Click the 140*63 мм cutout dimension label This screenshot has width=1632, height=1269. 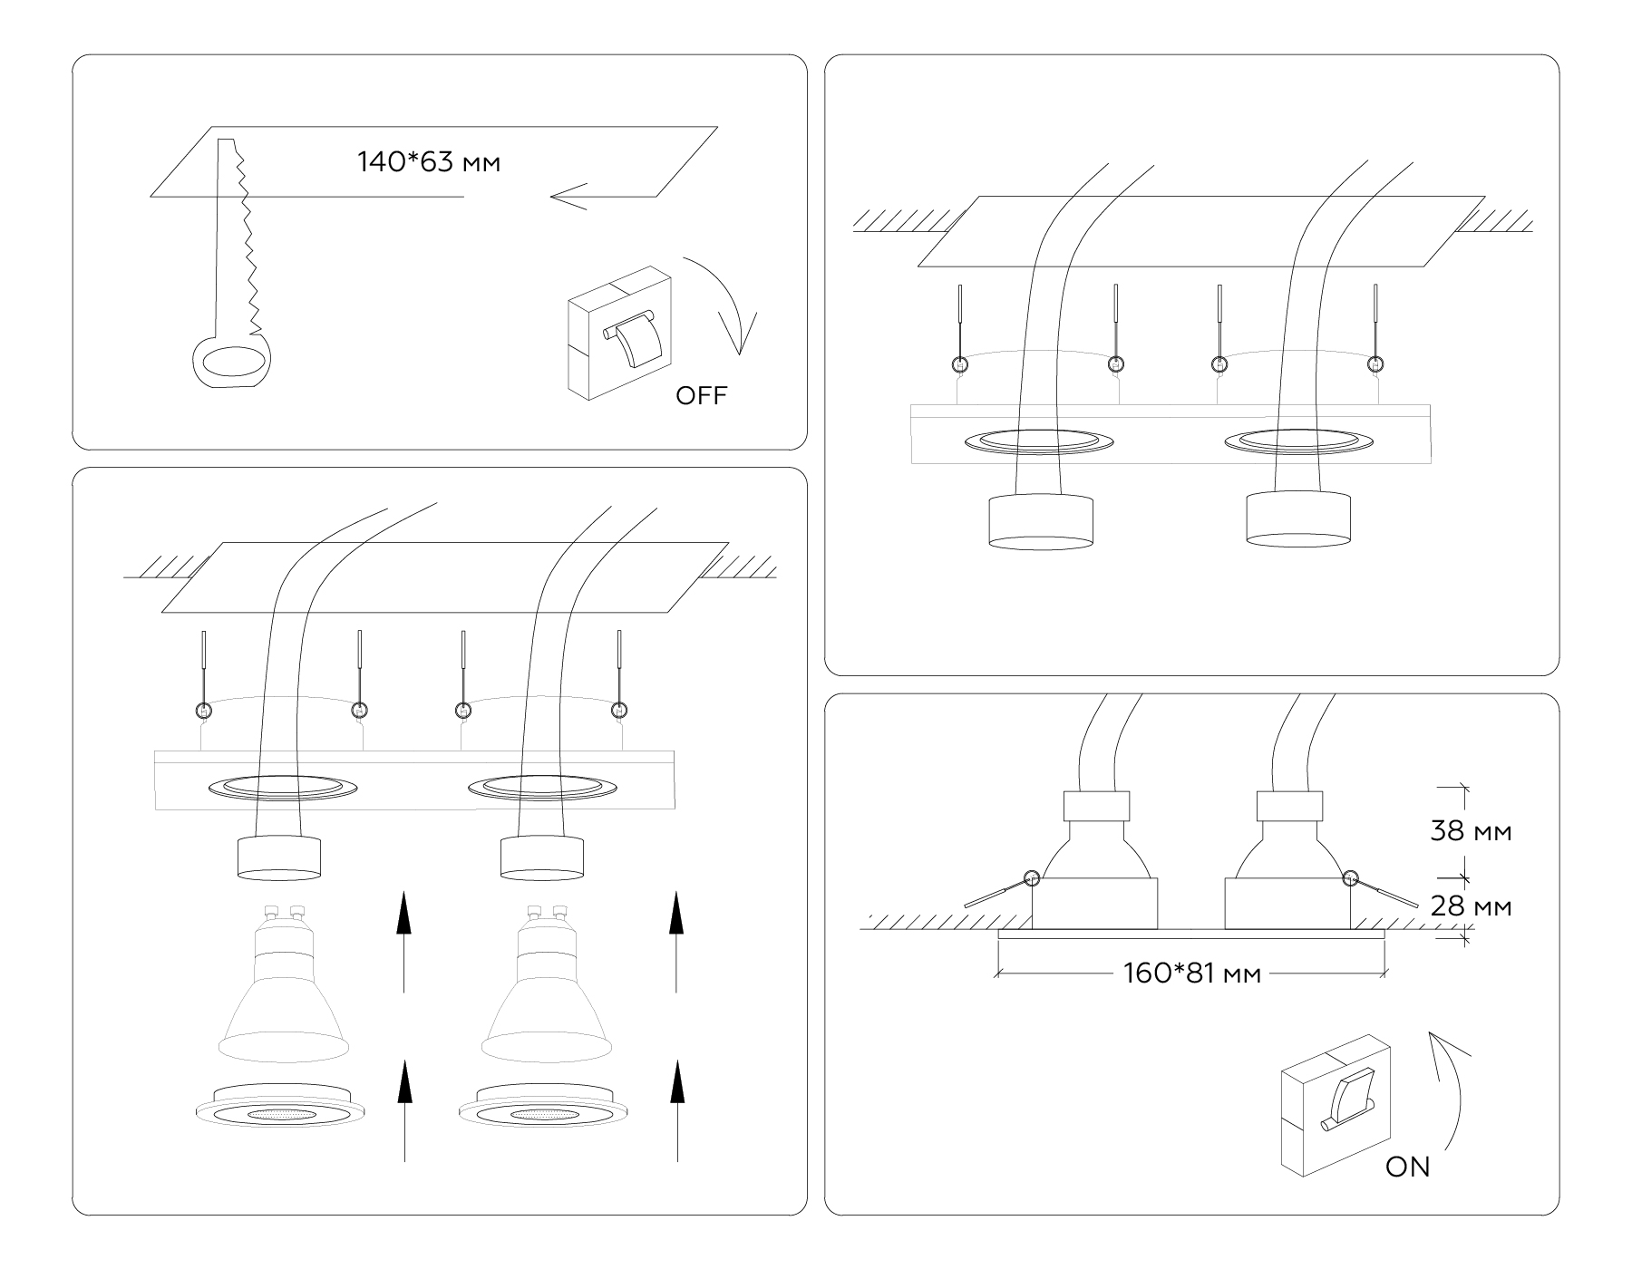429,163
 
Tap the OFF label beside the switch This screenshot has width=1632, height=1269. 701,395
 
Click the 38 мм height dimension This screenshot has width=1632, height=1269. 1471,830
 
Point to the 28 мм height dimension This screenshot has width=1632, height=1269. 1471,906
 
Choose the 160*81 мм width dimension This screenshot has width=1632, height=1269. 1191,974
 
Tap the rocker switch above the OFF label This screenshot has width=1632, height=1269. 620,334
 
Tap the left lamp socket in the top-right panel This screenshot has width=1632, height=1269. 1040,521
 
